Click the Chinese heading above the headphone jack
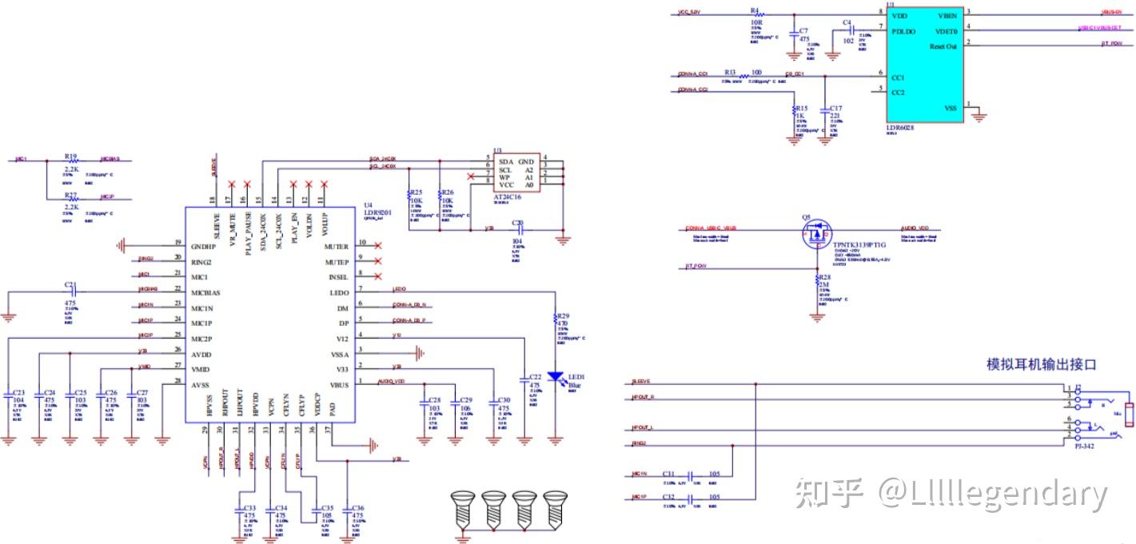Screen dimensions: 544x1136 click(1041, 364)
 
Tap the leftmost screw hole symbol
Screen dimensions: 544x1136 click(461, 506)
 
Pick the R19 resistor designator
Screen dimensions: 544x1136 click(70, 157)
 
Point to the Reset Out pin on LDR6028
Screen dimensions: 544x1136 click(943, 46)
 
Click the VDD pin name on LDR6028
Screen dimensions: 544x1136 click(900, 15)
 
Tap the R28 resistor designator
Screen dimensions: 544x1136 click(826, 277)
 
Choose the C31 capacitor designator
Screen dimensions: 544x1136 click(669, 473)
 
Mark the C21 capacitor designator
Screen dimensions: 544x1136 click(70, 285)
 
